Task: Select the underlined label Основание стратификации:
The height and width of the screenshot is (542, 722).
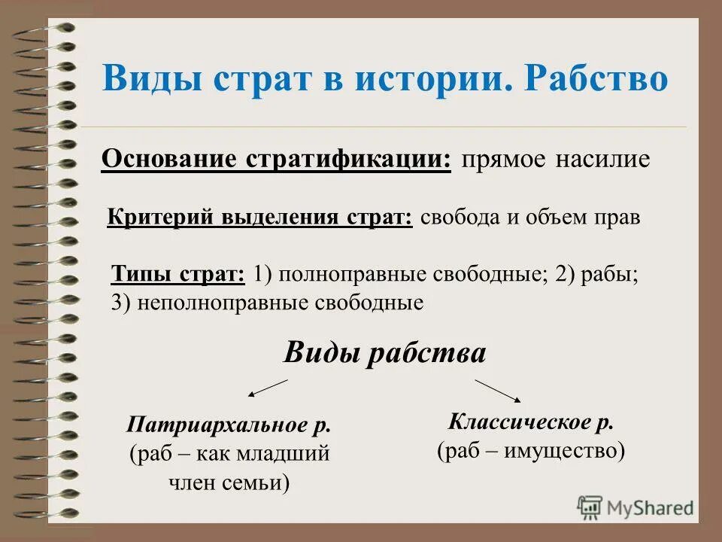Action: click(276, 160)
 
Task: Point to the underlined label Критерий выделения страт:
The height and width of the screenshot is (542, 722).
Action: click(260, 218)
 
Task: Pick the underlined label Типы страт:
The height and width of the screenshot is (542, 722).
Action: click(177, 274)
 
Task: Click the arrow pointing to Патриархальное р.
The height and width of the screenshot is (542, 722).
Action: click(268, 388)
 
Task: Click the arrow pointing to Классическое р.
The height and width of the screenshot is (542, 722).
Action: click(498, 390)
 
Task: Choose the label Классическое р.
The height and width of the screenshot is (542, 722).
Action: click(531, 422)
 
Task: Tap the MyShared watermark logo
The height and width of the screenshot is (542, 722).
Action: click(636, 507)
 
